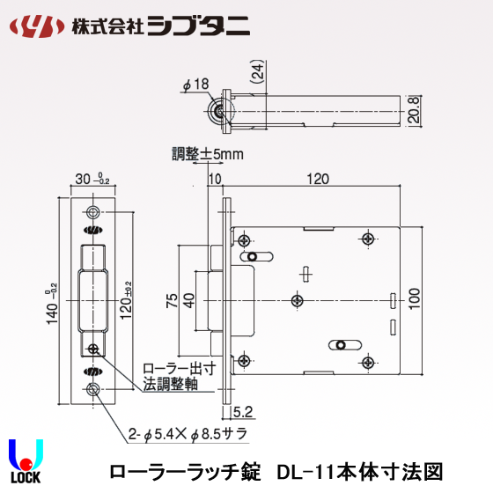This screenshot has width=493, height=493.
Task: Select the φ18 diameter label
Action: (x=195, y=84)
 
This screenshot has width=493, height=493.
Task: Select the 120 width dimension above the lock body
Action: (x=317, y=179)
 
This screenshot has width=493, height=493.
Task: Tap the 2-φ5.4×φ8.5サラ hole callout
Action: (x=186, y=435)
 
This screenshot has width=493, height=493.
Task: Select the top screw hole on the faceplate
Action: (x=93, y=212)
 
